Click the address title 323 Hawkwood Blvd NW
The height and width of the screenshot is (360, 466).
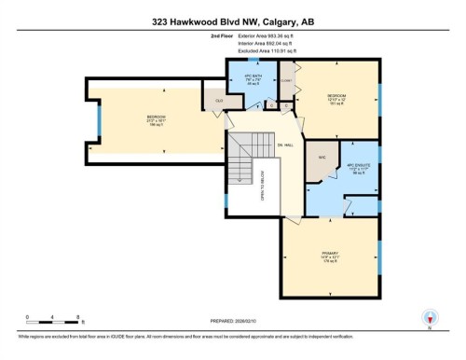(x=232, y=15)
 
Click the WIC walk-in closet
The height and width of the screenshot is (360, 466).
(x=322, y=158)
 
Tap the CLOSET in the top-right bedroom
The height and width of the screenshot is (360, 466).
(x=287, y=80)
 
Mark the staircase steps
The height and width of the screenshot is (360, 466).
(x=241, y=159)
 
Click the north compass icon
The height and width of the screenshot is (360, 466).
(x=430, y=317)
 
